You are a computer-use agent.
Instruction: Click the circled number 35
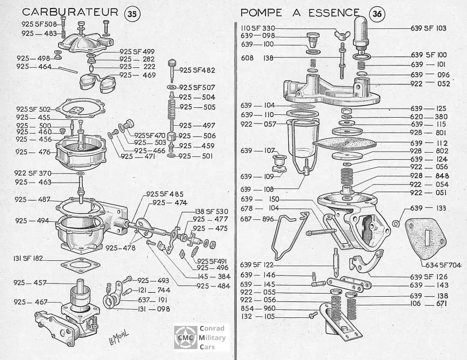tap(132, 14)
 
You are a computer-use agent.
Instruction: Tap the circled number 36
tap(376, 14)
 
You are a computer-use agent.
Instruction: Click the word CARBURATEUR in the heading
tap(70, 12)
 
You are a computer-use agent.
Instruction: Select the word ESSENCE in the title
tap(334, 12)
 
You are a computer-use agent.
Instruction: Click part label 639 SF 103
tap(428, 28)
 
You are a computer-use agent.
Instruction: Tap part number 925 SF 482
tap(197, 70)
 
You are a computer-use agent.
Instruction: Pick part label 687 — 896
tap(257, 219)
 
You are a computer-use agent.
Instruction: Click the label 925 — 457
tap(29, 283)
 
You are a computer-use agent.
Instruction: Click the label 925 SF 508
tap(39, 24)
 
